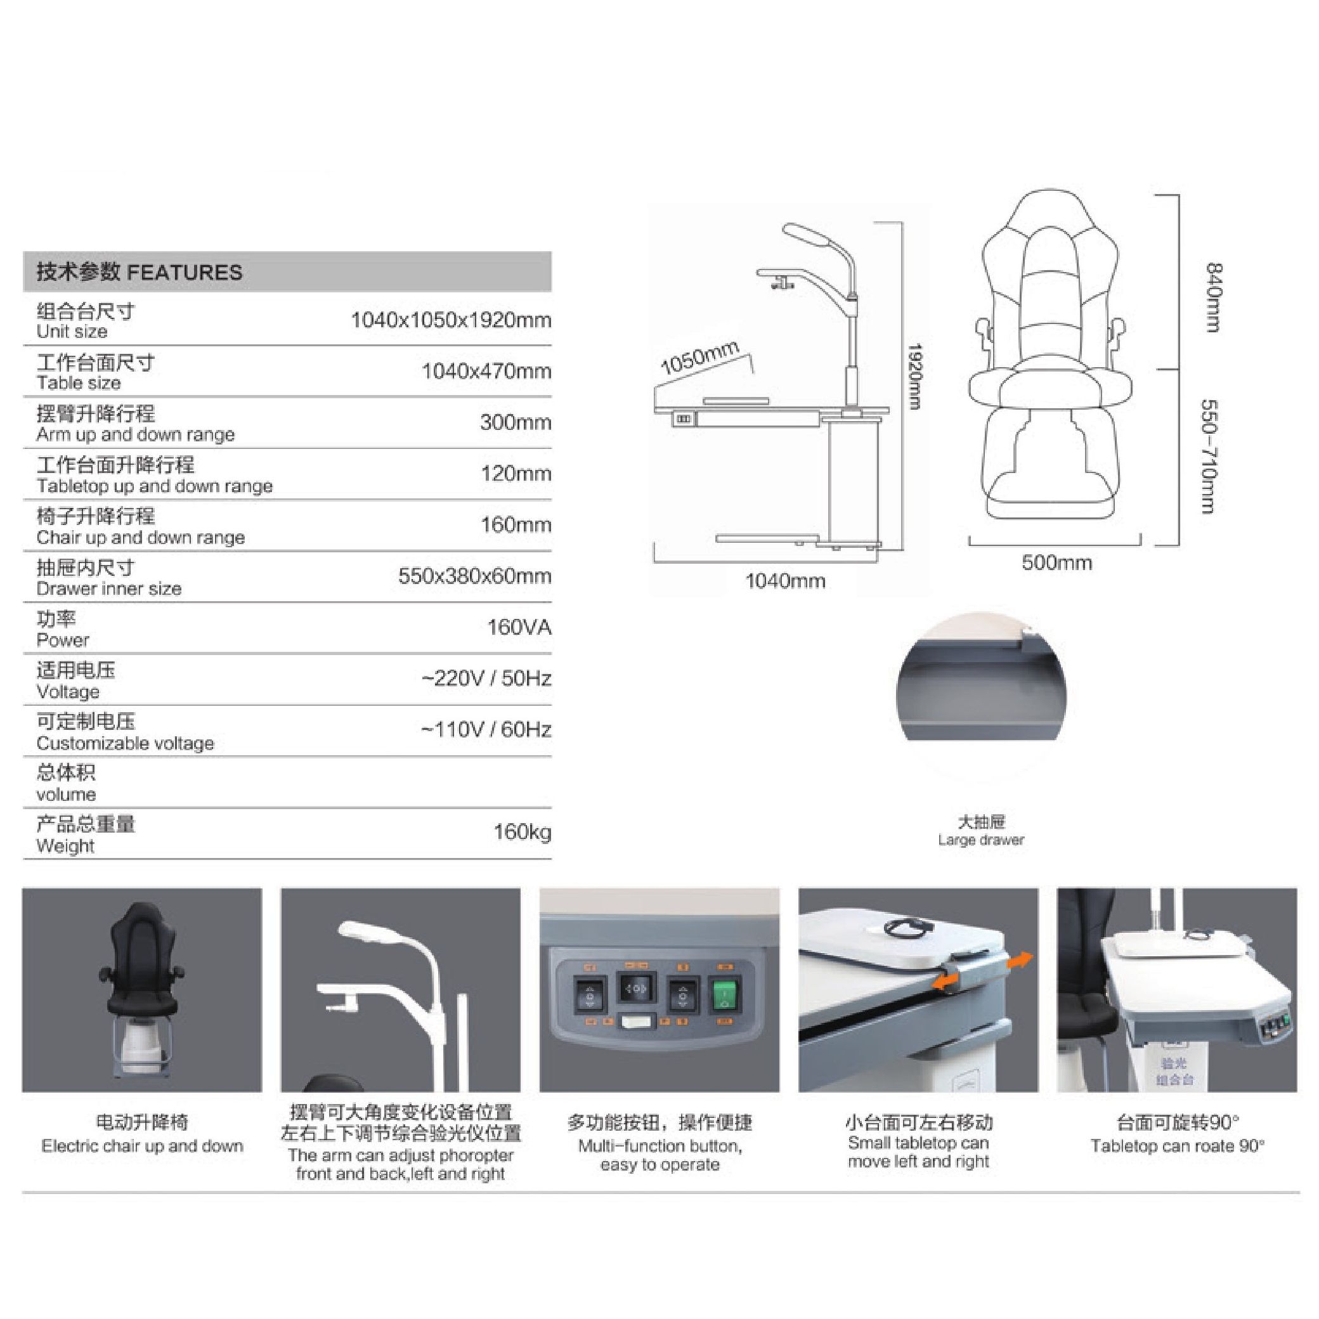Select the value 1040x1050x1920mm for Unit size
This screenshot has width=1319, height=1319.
click(451, 320)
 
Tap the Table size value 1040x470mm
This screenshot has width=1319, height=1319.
click(486, 372)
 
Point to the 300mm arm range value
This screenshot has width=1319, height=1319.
click(516, 422)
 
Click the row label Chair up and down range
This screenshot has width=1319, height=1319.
click(141, 537)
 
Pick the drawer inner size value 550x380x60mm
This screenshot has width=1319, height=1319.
click(474, 576)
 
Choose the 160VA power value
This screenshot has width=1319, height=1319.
click(519, 627)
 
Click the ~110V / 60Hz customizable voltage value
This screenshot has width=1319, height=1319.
click(486, 730)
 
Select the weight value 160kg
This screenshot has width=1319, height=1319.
click(523, 832)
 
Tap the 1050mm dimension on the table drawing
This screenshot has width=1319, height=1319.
click(700, 357)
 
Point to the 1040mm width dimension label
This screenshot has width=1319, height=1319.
click(785, 581)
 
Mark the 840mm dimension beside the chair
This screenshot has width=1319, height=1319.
click(1213, 297)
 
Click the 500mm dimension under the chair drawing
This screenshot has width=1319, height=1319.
click(1057, 562)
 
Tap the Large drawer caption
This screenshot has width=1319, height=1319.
click(981, 840)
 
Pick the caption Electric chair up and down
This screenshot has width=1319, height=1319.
click(142, 1147)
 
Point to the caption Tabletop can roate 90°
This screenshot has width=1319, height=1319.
click(1177, 1147)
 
